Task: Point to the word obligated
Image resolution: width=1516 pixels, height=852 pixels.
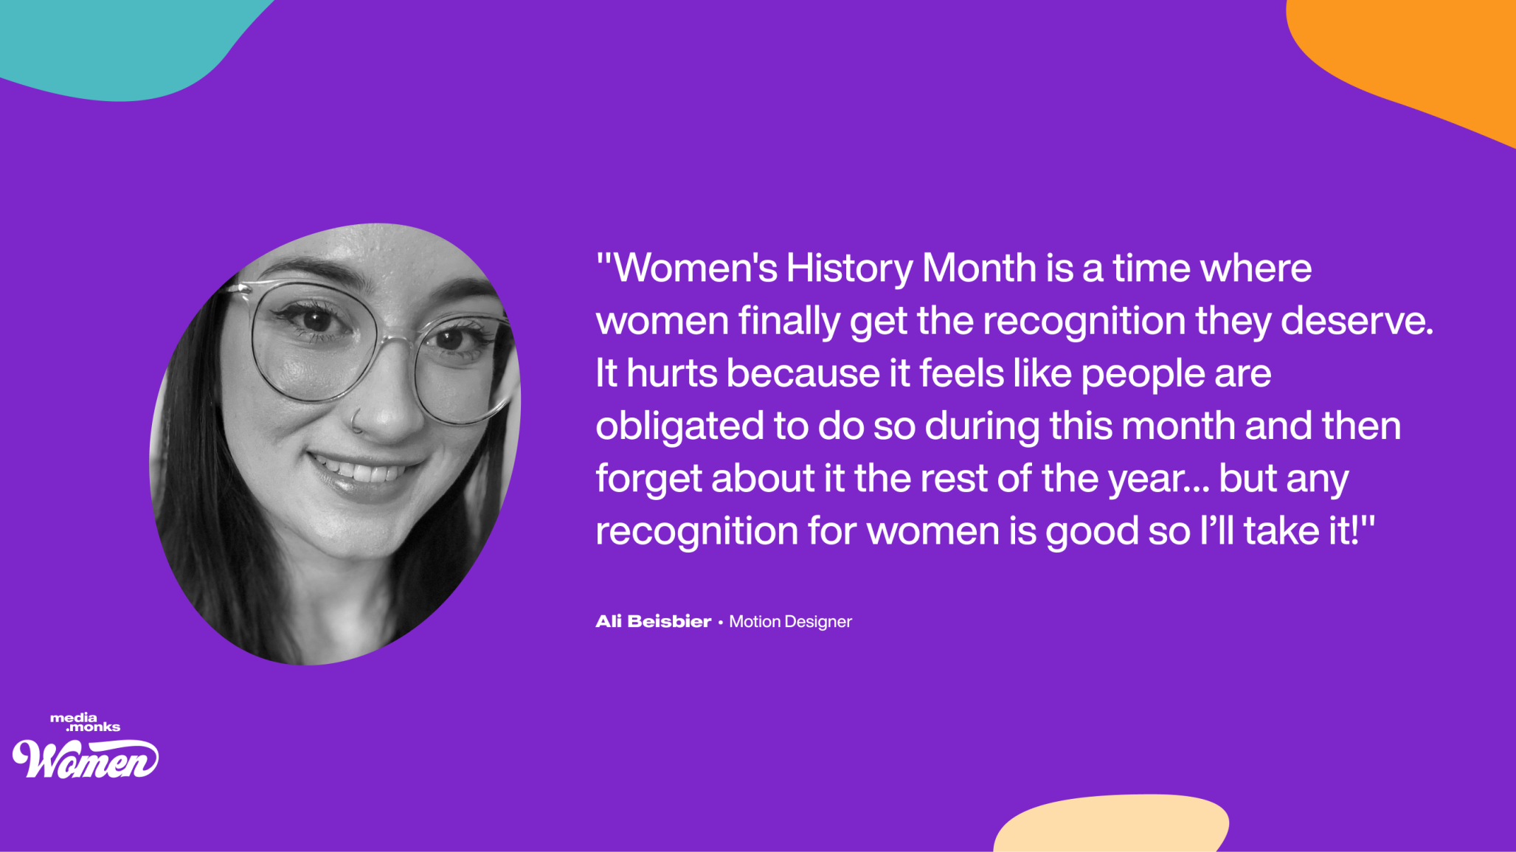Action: tap(679, 427)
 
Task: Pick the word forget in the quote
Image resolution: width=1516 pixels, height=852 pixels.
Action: tap(648, 479)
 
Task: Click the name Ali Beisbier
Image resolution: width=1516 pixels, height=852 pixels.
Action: tap(653, 621)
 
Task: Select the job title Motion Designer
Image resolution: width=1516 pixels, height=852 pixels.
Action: tap(790, 622)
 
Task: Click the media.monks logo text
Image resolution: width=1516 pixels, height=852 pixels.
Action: tap(85, 722)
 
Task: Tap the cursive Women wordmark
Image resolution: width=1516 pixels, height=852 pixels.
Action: tap(86, 758)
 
